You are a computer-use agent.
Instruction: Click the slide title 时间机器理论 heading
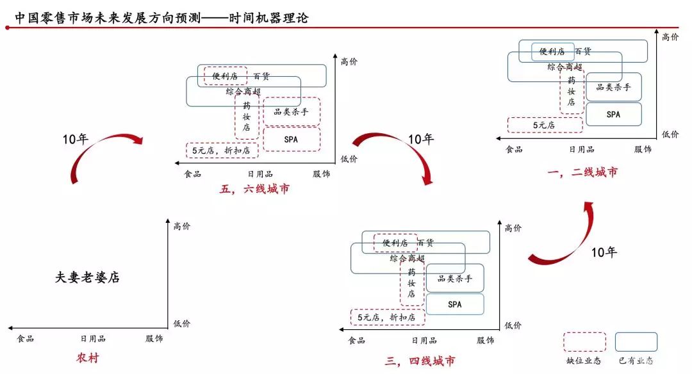(161, 18)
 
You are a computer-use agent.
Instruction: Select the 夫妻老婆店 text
(88, 277)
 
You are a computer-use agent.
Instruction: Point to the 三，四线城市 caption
(420, 361)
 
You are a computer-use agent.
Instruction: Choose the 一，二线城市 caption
(583, 172)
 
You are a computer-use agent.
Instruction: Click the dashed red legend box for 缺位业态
(584, 342)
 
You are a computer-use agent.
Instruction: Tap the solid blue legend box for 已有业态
(636, 342)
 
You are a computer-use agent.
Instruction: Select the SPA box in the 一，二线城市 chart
(613, 114)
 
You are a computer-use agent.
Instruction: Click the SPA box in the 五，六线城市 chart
(292, 138)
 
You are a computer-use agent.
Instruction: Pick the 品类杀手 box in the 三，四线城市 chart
(455, 279)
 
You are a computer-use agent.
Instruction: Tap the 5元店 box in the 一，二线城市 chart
(545, 125)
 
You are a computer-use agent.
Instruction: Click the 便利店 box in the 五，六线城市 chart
(225, 76)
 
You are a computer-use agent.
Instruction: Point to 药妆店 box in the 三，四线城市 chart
(411, 283)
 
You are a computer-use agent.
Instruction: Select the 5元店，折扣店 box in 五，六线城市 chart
(222, 150)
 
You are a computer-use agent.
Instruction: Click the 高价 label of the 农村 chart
(182, 225)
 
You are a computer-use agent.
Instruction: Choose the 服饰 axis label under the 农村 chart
(154, 339)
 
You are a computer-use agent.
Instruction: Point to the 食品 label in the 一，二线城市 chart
(514, 149)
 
